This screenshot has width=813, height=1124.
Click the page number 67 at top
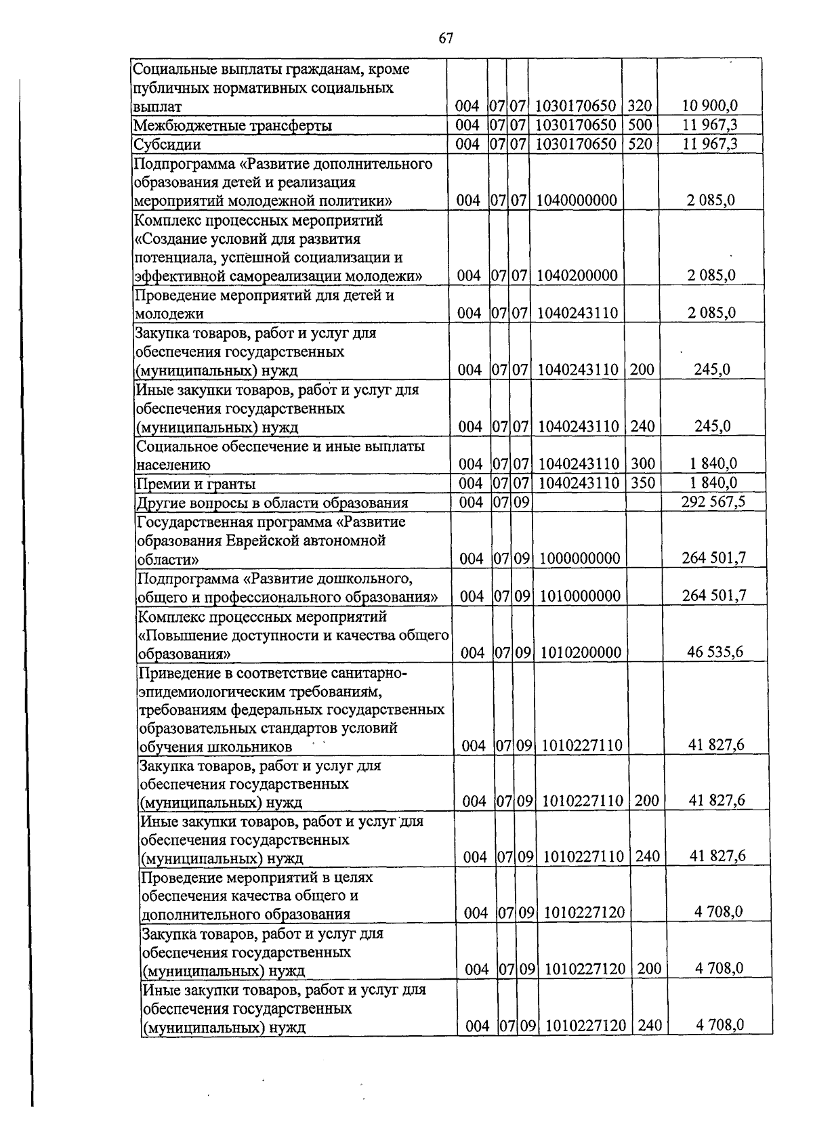[x=445, y=39]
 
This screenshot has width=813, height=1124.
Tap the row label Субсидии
[x=167, y=144]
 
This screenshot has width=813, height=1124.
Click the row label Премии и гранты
[x=196, y=484]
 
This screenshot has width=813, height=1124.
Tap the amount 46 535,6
[x=715, y=652]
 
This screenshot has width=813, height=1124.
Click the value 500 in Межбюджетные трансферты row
[x=640, y=125]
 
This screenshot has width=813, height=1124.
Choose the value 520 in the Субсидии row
[x=640, y=144]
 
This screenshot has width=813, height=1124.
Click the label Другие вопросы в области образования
[x=272, y=503]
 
